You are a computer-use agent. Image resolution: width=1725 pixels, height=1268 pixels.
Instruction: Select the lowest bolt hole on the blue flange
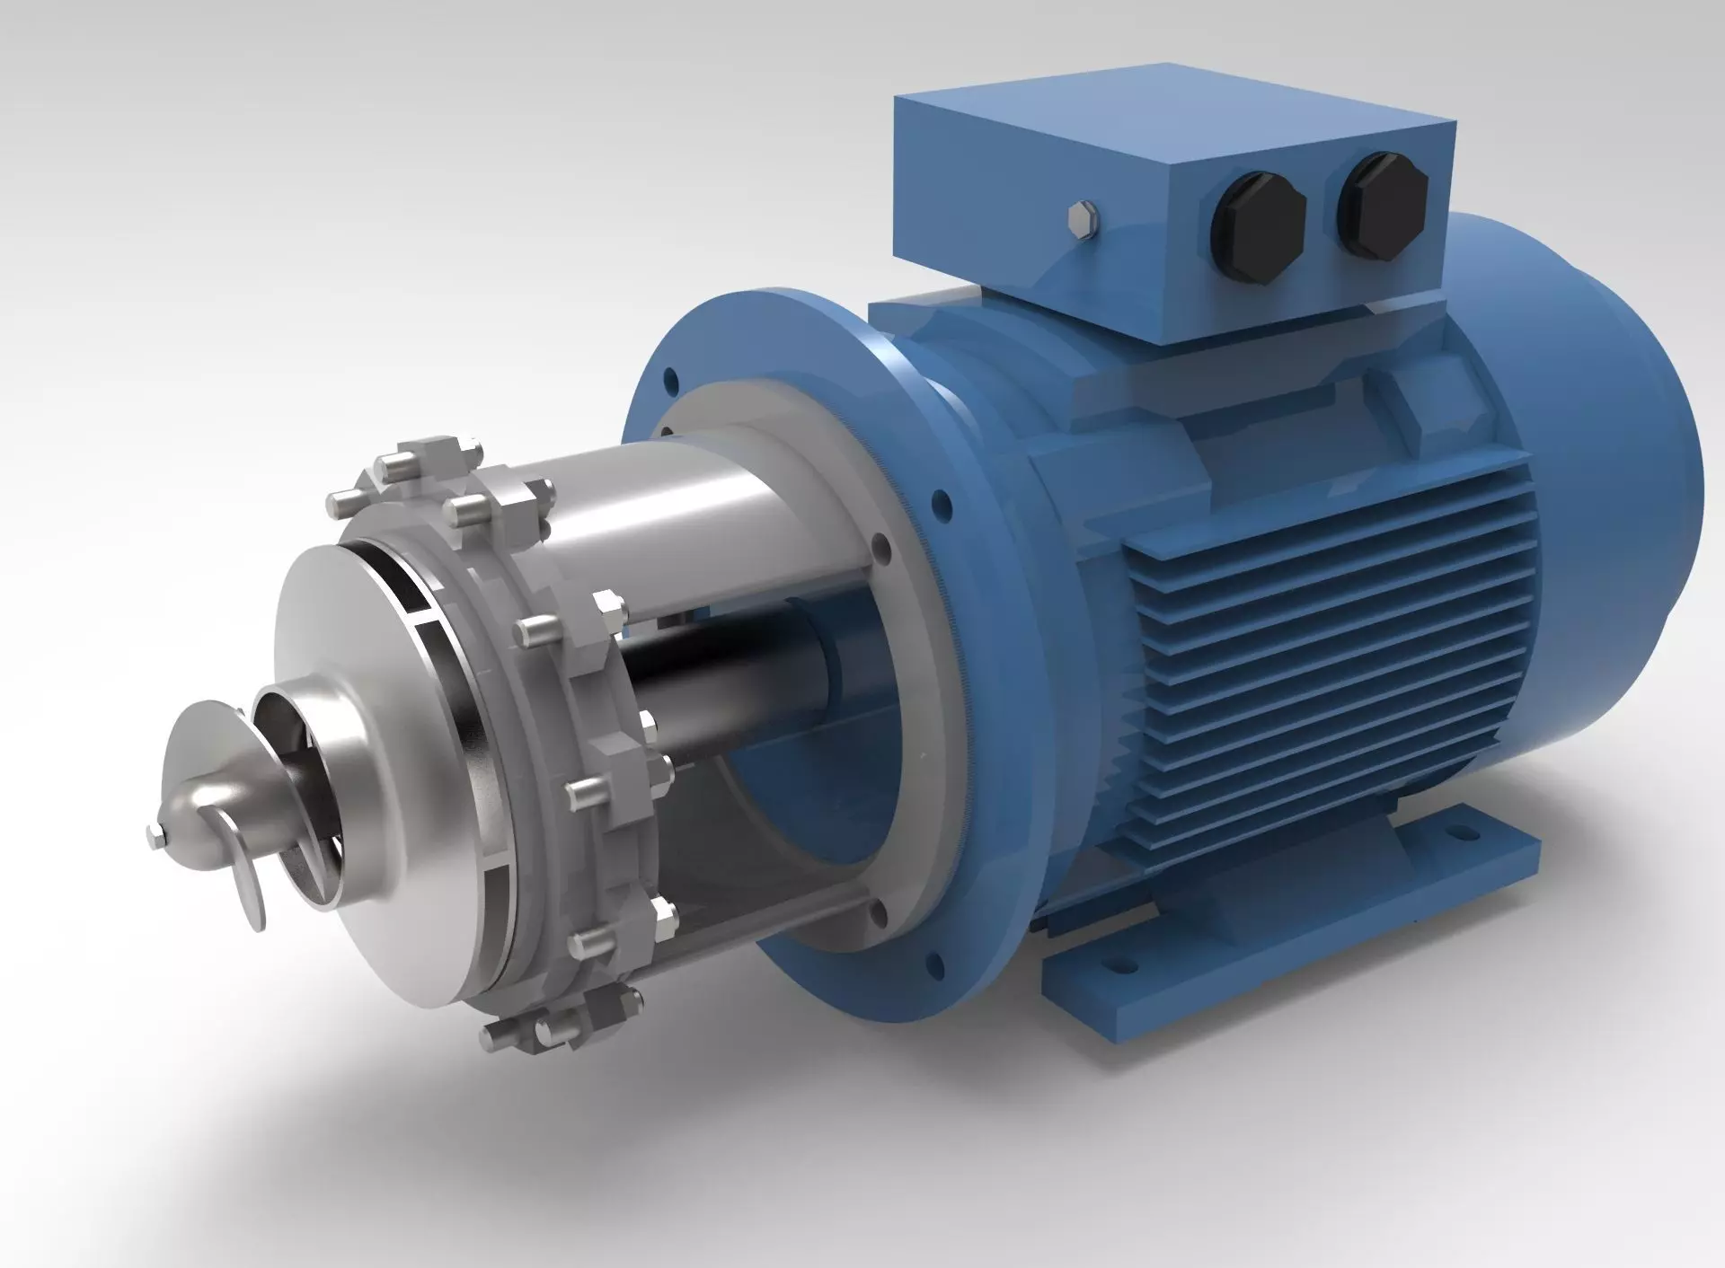(937, 966)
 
